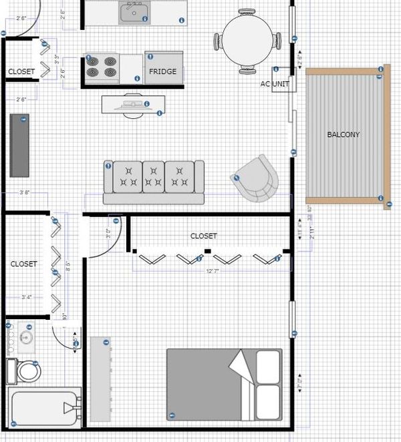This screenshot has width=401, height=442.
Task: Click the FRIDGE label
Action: coord(163,71)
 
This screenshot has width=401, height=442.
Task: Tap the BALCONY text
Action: coord(343,135)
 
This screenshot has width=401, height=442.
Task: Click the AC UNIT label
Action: coord(275,84)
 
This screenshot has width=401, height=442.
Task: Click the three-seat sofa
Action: coord(154,180)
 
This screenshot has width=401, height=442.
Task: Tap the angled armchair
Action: coord(256,178)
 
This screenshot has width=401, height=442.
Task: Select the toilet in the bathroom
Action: coord(27,371)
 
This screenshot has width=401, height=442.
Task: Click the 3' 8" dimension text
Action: coord(25,192)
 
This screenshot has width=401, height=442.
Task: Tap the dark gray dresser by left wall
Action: coord(19,145)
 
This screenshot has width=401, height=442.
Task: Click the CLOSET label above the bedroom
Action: coord(203,236)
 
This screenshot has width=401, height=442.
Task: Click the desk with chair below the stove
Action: coord(132,105)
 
